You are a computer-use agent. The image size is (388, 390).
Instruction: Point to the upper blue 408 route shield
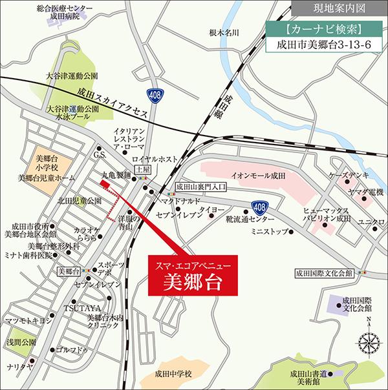[x=153, y=94]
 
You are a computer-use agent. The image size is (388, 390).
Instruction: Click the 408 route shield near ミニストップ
[x=258, y=207]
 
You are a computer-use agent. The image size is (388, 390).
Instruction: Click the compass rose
[x=366, y=340]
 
